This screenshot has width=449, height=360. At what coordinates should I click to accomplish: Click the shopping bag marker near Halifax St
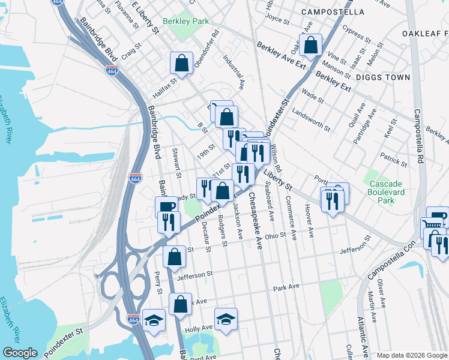[181, 63]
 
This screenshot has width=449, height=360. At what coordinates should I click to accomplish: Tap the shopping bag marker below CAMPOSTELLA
[311, 44]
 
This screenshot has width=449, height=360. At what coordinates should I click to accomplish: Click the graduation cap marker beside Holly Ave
[226, 319]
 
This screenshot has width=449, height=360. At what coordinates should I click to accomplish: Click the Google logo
[20, 353]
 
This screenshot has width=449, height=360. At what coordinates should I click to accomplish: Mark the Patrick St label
[393, 160]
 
